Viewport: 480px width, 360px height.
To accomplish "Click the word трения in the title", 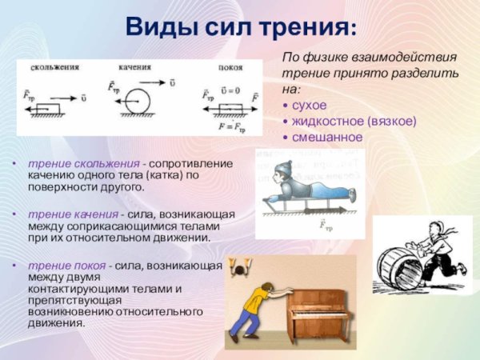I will pyautogui.click(x=303, y=28).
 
